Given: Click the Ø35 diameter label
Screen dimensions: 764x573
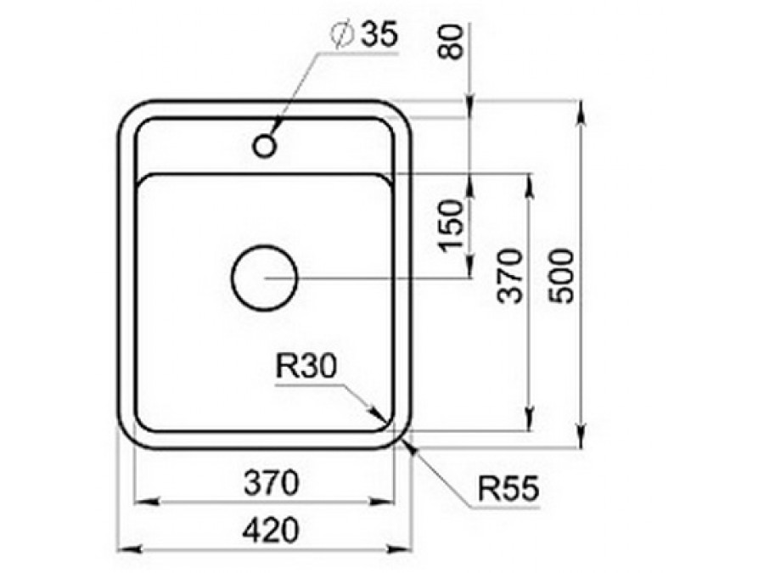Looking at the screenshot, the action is click(x=363, y=35).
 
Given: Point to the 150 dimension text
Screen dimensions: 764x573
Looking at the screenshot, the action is click(x=452, y=226).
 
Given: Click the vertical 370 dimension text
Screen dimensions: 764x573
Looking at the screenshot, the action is click(x=509, y=276).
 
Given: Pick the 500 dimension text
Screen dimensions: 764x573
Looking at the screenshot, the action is click(x=561, y=276).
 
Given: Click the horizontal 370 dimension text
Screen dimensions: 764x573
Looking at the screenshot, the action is click(x=271, y=483).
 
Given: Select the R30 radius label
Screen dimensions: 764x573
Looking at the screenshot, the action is click(x=306, y=366).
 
